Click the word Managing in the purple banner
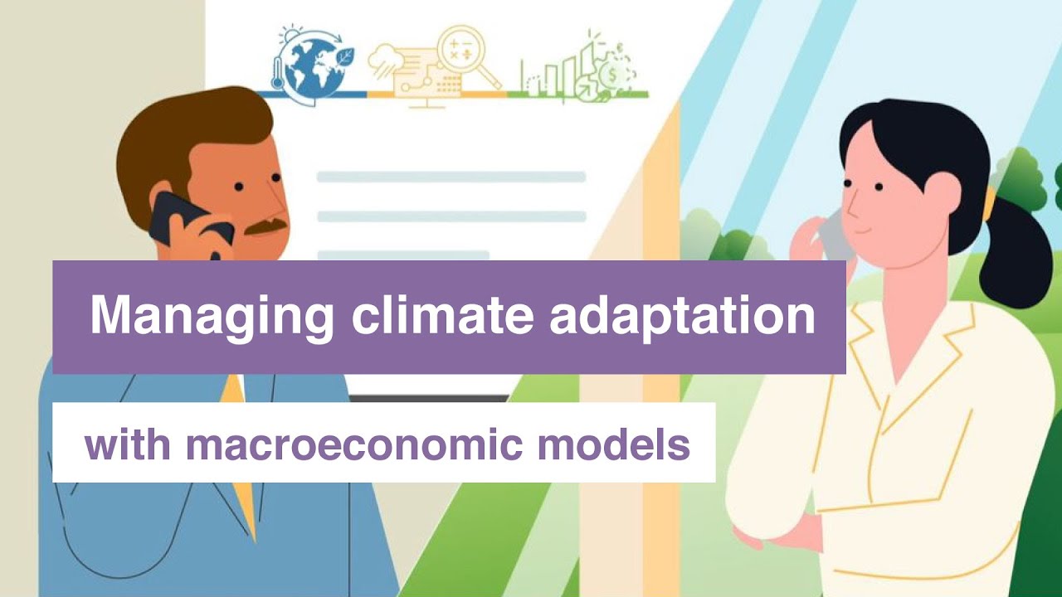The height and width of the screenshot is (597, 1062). point(211,317)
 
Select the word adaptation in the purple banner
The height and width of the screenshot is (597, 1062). point(682,317)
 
